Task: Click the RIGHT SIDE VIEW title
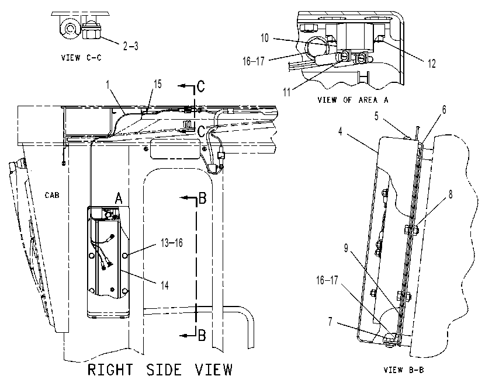pos(160,370)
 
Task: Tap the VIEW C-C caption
pos(81,58)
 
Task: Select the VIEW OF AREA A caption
pos(353,100)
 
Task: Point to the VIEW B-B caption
pos(404,370)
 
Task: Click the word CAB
pos(52,195)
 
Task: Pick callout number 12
pos(432,64)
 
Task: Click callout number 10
pos(265,38)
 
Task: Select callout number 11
pos(287,92)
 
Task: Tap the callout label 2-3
pos(130,46)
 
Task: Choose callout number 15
pos(158,83)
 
